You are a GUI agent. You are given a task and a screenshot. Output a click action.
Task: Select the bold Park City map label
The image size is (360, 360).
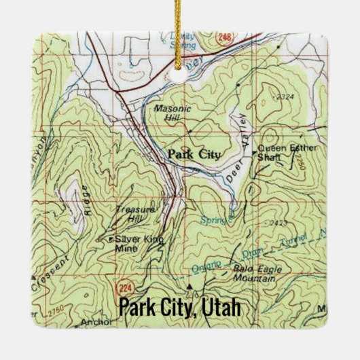[x=194, y=155]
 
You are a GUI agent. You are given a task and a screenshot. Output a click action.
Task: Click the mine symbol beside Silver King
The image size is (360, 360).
[x=111, y=239]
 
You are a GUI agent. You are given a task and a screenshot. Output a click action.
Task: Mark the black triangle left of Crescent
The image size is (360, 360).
[x=32, y=278]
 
